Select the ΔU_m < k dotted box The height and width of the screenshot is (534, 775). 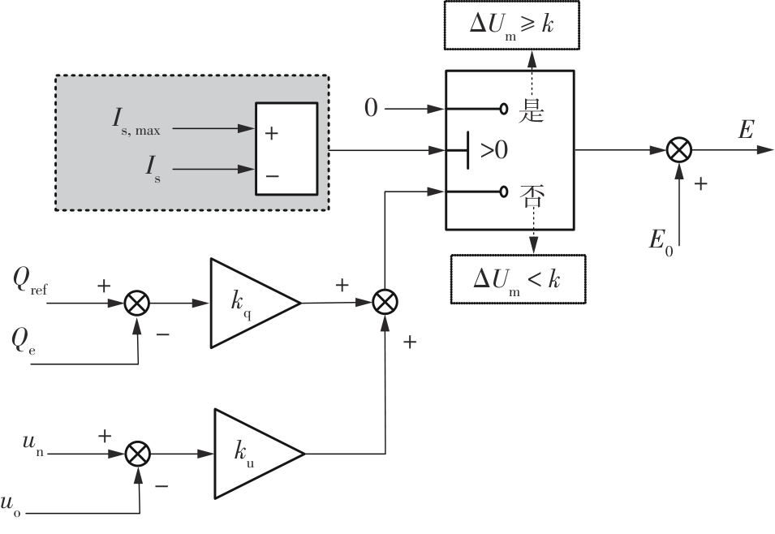click(x=518, y=278)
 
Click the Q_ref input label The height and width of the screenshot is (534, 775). click(x=31, y=280)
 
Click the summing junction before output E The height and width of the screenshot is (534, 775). click(x=678, y=150)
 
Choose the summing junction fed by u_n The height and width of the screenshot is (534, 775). click(x=139, y=453)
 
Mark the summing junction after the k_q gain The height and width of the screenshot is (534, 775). click(x=385, y=302)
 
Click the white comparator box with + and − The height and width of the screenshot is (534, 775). click(x=286, y=149)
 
